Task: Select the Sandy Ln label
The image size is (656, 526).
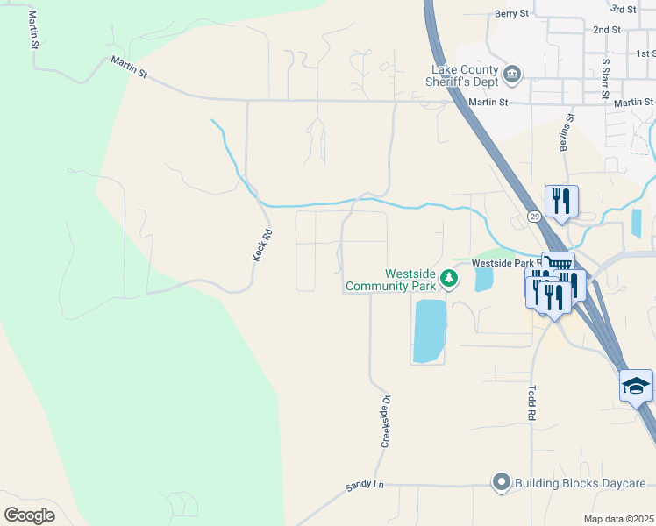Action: pos(366,485)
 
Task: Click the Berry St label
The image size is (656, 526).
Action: pos(512,14)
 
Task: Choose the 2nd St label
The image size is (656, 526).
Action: pos(606,30)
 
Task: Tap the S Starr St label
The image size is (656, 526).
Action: pos(605,79)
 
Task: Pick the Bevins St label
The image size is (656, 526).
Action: pos(569,131)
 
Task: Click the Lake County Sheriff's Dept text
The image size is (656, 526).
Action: pos(464,76)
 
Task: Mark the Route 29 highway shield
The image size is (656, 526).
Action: pos(533,216)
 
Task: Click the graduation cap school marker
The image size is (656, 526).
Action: pos(636,385)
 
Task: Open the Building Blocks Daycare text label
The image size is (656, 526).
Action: pos(580,483)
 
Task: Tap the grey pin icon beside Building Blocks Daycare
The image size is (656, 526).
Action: pos(501,482)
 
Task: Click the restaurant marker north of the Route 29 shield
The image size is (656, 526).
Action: pos(560,201)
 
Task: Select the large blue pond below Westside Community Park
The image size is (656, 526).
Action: pos(429,331)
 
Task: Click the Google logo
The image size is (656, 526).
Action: pos(29,515)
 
